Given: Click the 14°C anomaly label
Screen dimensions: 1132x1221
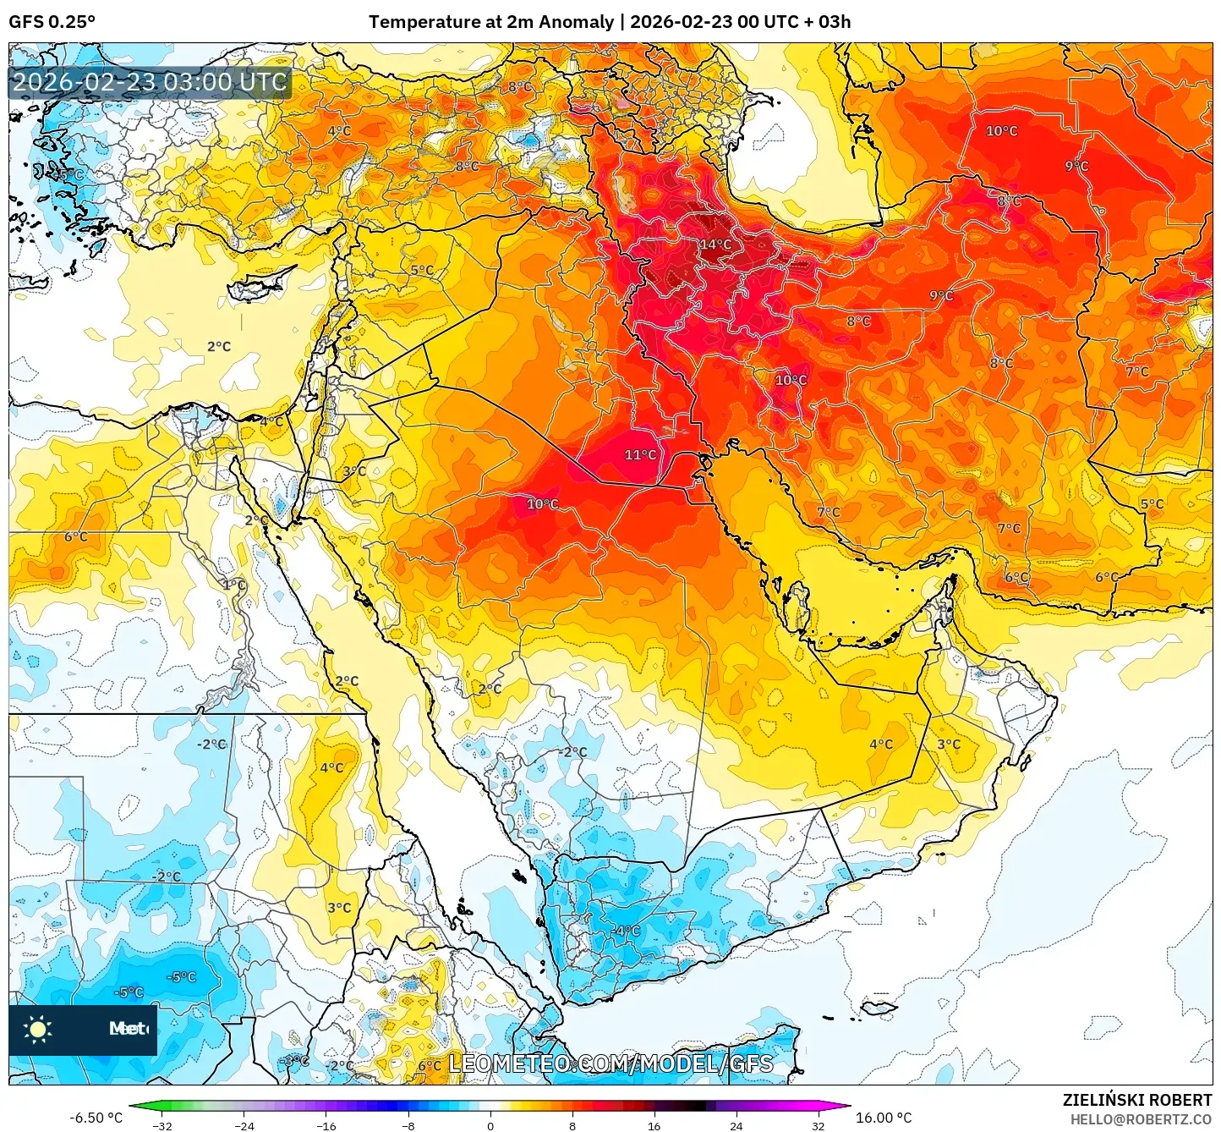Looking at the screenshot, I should (x=715, y=245).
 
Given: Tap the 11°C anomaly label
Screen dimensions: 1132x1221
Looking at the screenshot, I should (x=640, y=454).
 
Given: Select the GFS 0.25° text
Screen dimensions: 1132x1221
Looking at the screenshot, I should (x=52, y=22).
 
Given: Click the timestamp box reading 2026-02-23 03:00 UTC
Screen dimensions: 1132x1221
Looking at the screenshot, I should (x=150, y=82).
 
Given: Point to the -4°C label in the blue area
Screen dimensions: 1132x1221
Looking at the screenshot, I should (x=627, y=931).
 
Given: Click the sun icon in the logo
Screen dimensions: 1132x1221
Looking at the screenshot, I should (x=38, y=1029).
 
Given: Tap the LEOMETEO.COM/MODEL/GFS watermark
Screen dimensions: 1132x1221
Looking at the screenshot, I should (x=610, y=1063).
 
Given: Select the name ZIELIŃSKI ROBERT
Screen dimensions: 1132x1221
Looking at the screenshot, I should (x=1136, y=1100).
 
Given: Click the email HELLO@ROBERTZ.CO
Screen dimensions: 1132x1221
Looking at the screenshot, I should (x=1141, y=1119).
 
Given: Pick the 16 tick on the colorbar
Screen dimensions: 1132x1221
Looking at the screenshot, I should (x=654, y=1126).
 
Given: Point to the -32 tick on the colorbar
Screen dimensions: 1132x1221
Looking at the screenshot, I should (x=162, y=1126).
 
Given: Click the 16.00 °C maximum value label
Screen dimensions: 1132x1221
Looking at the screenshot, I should (x=884, y=1118).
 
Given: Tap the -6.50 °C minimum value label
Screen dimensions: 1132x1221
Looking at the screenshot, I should (x=96, y=1118).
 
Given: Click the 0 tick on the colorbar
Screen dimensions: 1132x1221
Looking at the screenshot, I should (x=490, y=1126).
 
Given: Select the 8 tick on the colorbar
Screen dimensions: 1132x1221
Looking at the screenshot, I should (x=572, y=1126).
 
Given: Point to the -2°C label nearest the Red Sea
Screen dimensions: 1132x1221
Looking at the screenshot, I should (x=572, y=751).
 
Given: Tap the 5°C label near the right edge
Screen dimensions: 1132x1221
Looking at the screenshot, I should (x=1152, y=504).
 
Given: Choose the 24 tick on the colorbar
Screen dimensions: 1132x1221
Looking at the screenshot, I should (x=736, y=1126).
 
